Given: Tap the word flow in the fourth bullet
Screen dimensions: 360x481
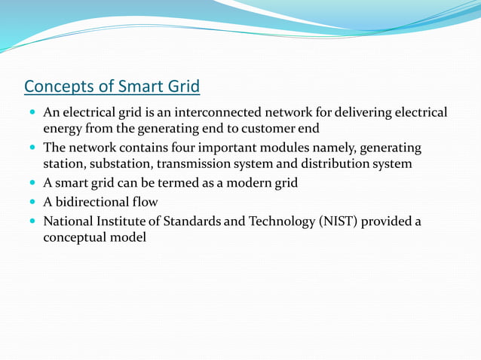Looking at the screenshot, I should point(145,202).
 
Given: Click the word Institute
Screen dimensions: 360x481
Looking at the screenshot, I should point(121,221).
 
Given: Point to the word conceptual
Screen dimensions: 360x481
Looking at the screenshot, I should point(76,236).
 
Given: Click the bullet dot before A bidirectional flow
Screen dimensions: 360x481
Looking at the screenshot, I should point(31,202).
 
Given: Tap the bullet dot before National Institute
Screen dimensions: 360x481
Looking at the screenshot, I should point(31,221).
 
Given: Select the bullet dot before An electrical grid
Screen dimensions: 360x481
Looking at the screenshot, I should point(31,113).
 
